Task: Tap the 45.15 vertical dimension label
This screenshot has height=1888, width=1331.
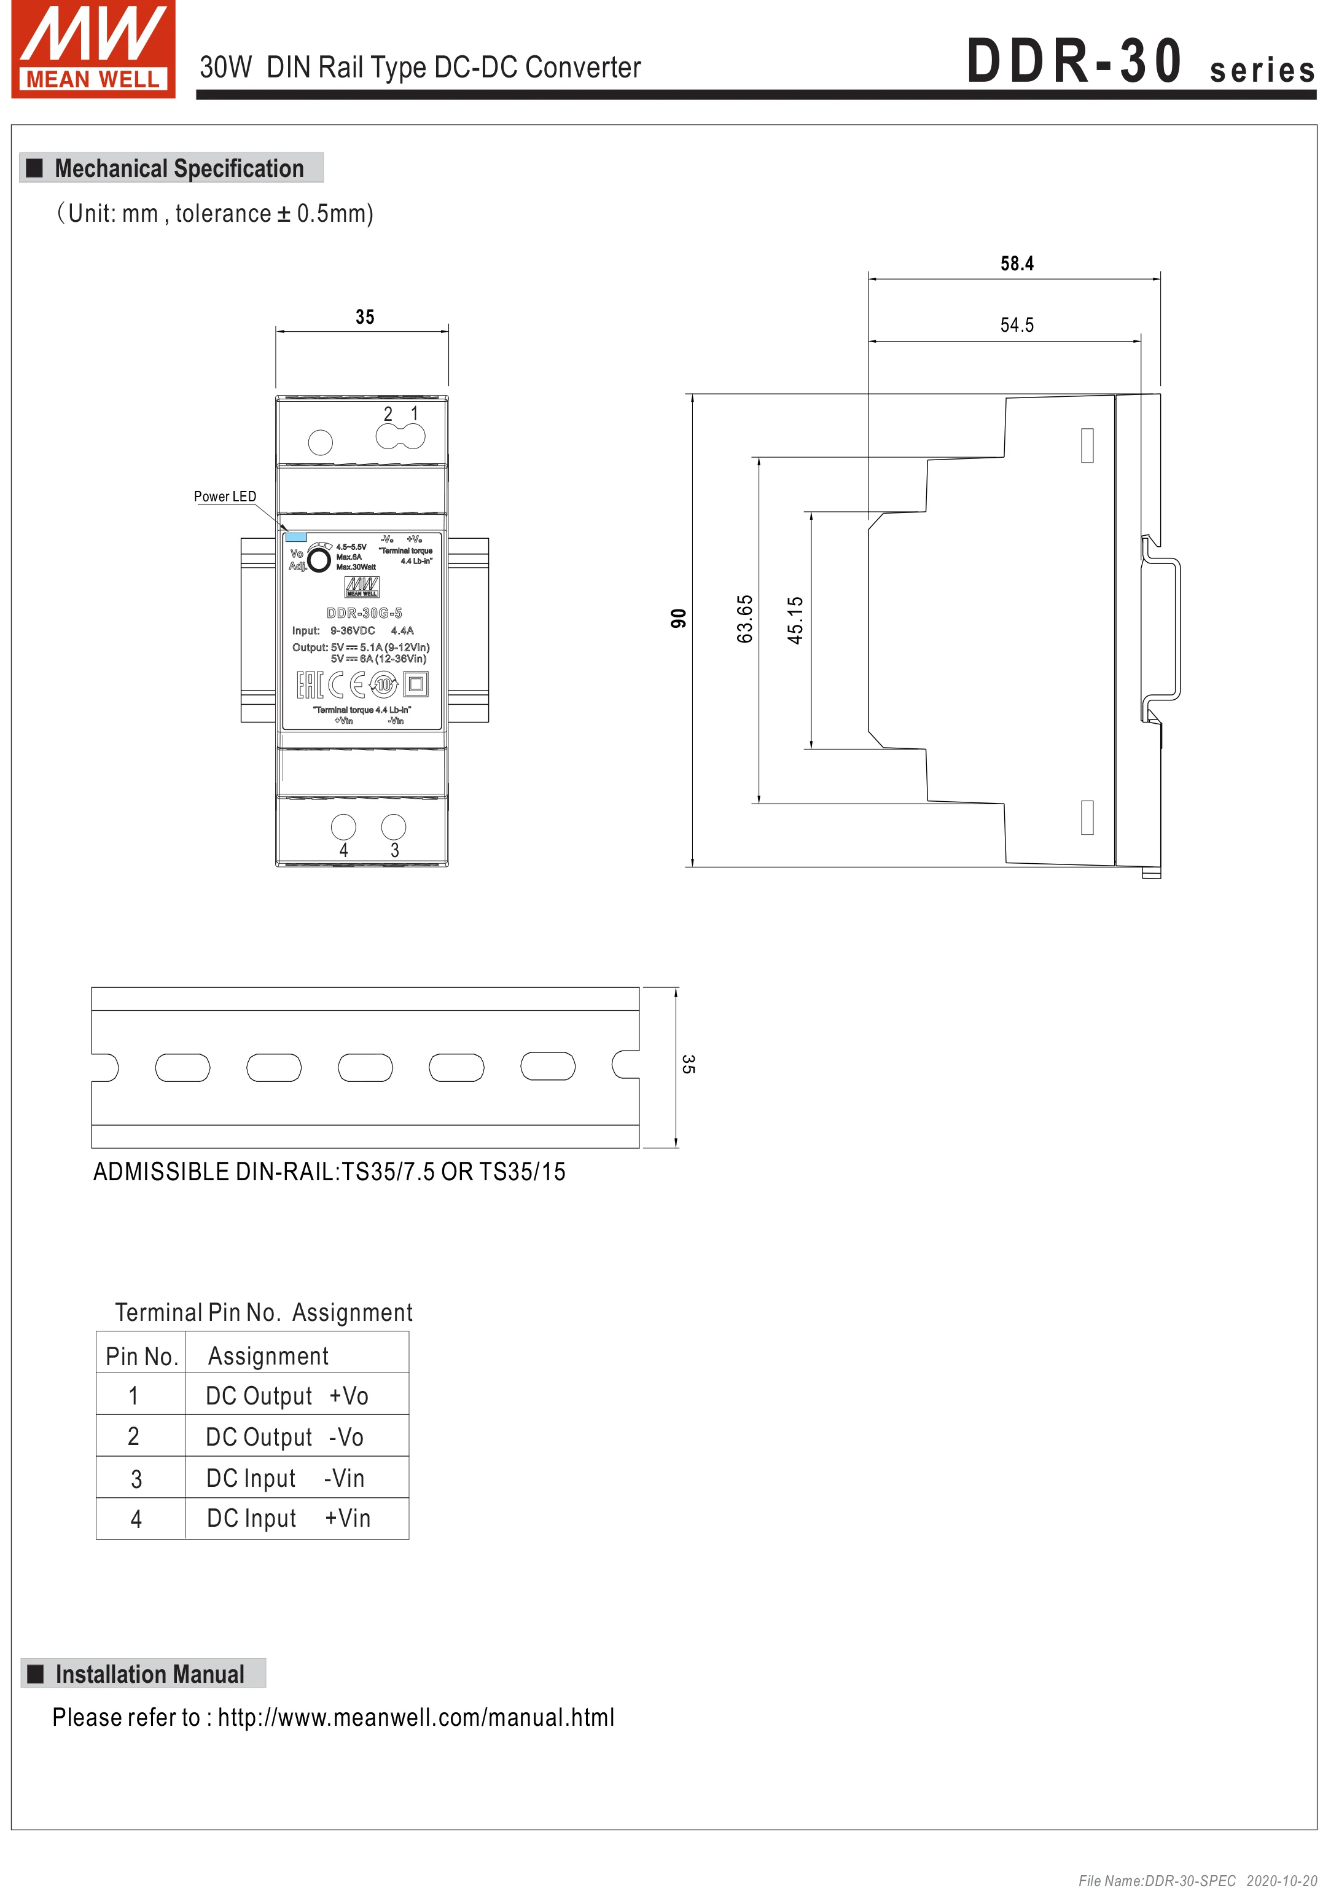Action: click(x=795, y=620)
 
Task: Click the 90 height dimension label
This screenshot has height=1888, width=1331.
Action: click(x=678, y=618)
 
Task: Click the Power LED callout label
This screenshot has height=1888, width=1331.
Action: click(x=224, y=496)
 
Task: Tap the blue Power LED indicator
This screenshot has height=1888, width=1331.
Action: click(x=295, y=537)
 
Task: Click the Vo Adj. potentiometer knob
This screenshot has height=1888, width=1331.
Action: click(x=319, y=559)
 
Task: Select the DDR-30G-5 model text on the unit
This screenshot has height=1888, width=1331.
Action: click(x=364, y=613)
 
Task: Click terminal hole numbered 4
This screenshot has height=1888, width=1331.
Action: click(x=343, y=826)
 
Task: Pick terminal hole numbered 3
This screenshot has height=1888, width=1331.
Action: click(x=394, y=826)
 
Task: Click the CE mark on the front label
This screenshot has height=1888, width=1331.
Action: click(x=346, y=684)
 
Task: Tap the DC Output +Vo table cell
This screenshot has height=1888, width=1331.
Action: click(x=287, y=1395)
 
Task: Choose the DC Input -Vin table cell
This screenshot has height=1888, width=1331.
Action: click(x=285, y=1478)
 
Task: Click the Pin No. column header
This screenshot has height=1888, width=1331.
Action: click(x=141, y=1356)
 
